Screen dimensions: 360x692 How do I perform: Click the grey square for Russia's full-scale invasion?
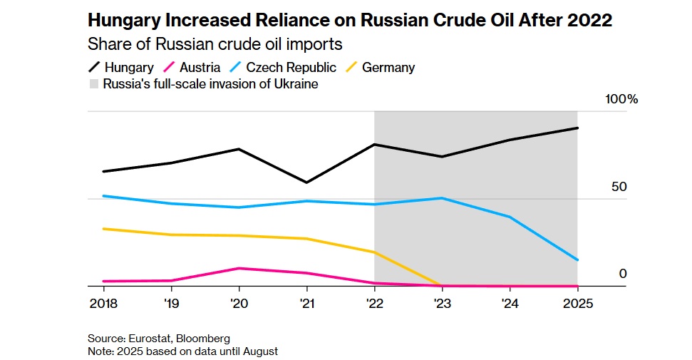click(x=94, y=84)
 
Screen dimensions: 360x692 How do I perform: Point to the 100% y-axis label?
click(x=621, y=99)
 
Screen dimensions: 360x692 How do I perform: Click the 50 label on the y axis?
click(x=619, y=187)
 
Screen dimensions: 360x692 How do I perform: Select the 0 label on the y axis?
click(x=622, y=274)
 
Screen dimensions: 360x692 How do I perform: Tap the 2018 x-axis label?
click(x=104, y=302)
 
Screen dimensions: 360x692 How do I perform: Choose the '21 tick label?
click(x=306, y=302)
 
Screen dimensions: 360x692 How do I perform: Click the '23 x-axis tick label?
click(x=442, y=302)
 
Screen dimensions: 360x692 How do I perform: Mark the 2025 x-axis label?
click(x=577, y=302)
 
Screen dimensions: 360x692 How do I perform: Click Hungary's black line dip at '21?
click(x=307, y=182)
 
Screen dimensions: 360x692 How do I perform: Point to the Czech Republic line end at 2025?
click(x=577, y=260)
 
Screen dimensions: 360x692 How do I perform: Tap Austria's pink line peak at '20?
click(x=239, y=268)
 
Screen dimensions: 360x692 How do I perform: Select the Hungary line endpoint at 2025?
click(x=577, y=128)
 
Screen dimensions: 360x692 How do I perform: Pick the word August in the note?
click(x=259, y=351)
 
